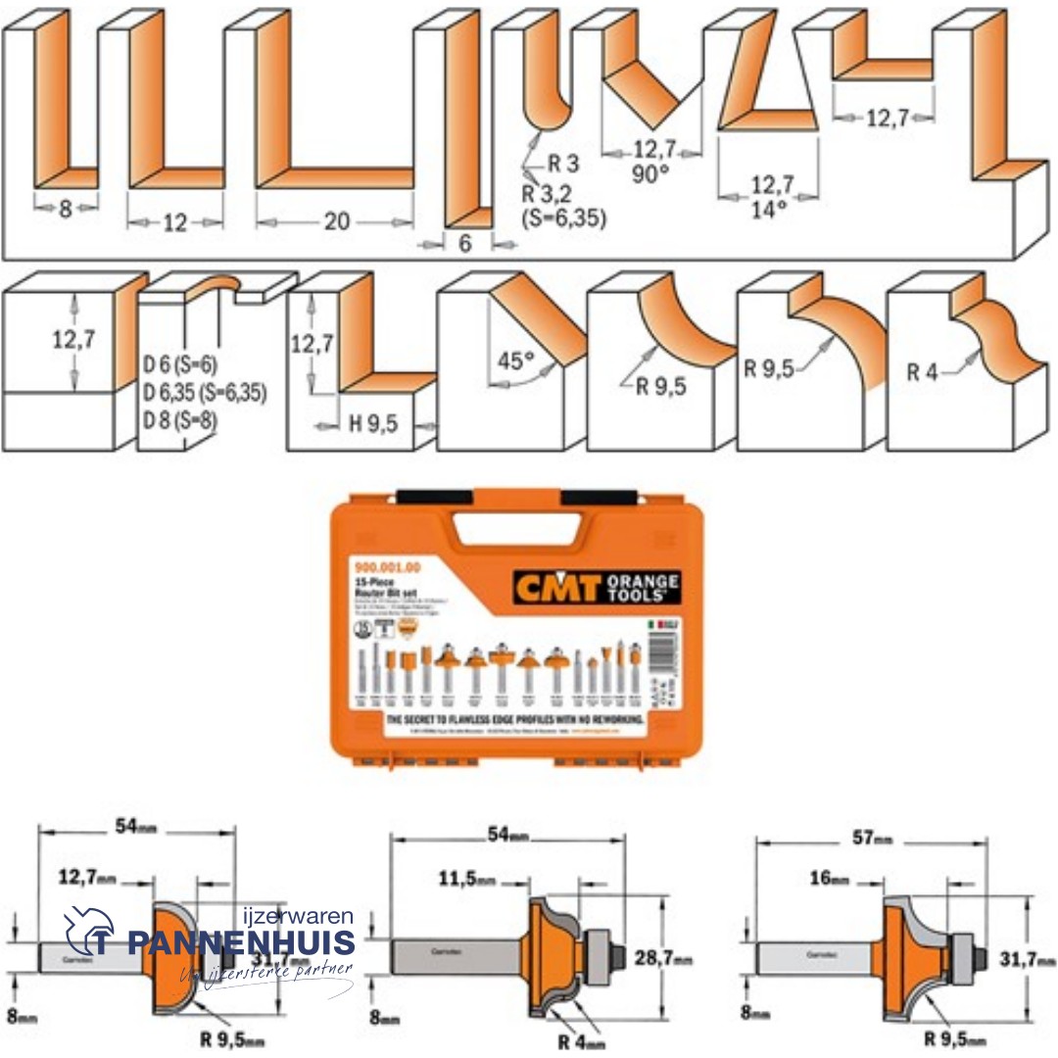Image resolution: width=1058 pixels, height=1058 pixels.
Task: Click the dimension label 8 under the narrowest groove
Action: pyautogui.click(x=66, y=208)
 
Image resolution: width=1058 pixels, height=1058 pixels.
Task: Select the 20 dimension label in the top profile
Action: pyautogui.click(x=336, y=221)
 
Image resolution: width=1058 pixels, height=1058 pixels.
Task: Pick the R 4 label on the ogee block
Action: pyautogui.click(x=924, y=372)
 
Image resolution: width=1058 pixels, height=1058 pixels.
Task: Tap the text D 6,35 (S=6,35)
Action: pyautogui.click(x=205, y=394)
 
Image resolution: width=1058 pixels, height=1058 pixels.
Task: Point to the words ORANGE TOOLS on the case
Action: pyautogui.click(x=643, y=589)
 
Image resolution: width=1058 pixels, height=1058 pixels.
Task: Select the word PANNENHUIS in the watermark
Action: pyautogui.click(x=240, y=943)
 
